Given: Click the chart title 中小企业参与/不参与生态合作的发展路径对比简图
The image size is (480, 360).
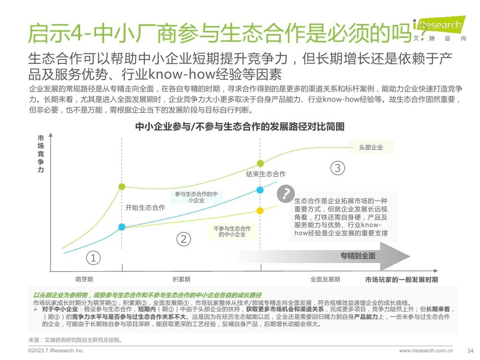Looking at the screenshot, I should click(x=240, y=127).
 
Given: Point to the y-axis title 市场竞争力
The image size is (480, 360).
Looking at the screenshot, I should click(x=41, y=154).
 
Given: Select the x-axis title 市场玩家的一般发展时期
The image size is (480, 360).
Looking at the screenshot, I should click(x=401, y=279).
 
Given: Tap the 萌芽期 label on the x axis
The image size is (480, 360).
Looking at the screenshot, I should click(x=84, y=279).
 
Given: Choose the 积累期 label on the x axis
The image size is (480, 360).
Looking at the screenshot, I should click(x=181, y=279).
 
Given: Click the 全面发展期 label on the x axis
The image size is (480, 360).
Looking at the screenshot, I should click(x=325, y=279).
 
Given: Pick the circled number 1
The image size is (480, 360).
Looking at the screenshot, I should click(x=93, y=258).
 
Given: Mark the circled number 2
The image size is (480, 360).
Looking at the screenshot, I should click(x=183, y=239).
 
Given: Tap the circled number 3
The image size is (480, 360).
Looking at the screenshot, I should click(x=338, y=168).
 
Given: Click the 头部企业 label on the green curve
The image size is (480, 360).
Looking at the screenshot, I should click(x=371, y=147).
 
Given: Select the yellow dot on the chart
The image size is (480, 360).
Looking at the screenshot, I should click(x=260, y=210).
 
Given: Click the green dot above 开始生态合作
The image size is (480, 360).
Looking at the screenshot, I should click(x=122, y=187).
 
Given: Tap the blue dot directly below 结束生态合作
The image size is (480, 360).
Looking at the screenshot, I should click(x=260, y=190).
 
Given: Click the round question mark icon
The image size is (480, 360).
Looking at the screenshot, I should click(x=286, y=193).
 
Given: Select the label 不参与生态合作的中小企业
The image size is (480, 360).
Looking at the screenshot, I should click(x=232, y=231).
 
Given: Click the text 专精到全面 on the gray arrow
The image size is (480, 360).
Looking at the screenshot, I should click(x=358, y=255).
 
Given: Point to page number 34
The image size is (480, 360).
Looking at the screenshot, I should click(x=470, y=350).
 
